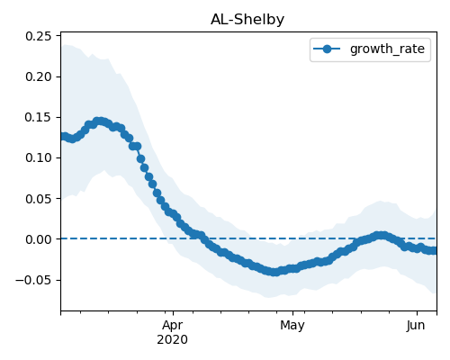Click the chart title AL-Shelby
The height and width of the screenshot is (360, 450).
[x=247, y=20]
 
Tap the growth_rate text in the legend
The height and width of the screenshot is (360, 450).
[x=387, y=49]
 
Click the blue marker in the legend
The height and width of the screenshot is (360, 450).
[x=327, y=49]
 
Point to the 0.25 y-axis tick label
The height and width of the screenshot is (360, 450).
[x=39, y=36]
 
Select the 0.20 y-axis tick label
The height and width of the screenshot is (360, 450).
[x=39, y=76]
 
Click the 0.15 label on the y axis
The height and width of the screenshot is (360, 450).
[x=39, y=117]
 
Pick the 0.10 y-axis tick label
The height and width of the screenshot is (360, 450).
[x=39, y=157]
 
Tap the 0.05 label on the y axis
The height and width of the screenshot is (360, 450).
[x=39, y=199]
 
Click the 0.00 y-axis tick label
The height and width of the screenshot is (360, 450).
[x=39, y=239]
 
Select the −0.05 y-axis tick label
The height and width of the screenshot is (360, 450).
[x=33, y=280]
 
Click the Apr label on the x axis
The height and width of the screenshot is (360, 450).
[x=173, y=326]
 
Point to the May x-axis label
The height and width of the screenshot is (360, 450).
[x=292, y=326]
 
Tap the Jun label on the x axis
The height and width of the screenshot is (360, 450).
[x=416, y=326]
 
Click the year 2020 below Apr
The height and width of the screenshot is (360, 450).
[x=173, y=339]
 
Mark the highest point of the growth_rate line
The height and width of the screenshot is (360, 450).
[x=100, y=121]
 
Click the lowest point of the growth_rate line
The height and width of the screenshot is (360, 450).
[x=274, y=272]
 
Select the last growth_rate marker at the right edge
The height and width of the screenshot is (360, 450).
[x=433, y=250]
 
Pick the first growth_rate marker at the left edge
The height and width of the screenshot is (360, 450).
[x=64, y=137]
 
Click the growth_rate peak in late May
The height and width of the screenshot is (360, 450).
[x=381, y=236]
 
